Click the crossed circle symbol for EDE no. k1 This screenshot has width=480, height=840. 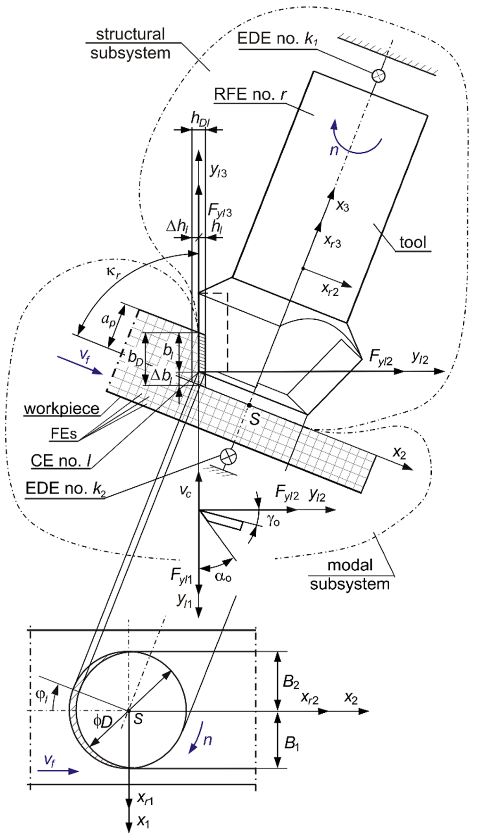click(x=378, y=75)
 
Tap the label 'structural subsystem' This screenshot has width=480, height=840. click(x=131, y=44)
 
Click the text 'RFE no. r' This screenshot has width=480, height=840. click(x=250, y=94)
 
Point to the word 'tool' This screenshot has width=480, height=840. click(x=413, y=242)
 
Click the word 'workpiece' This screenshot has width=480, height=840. click(x=62, y=409)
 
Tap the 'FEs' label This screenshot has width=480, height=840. click(x=64, y=434)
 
